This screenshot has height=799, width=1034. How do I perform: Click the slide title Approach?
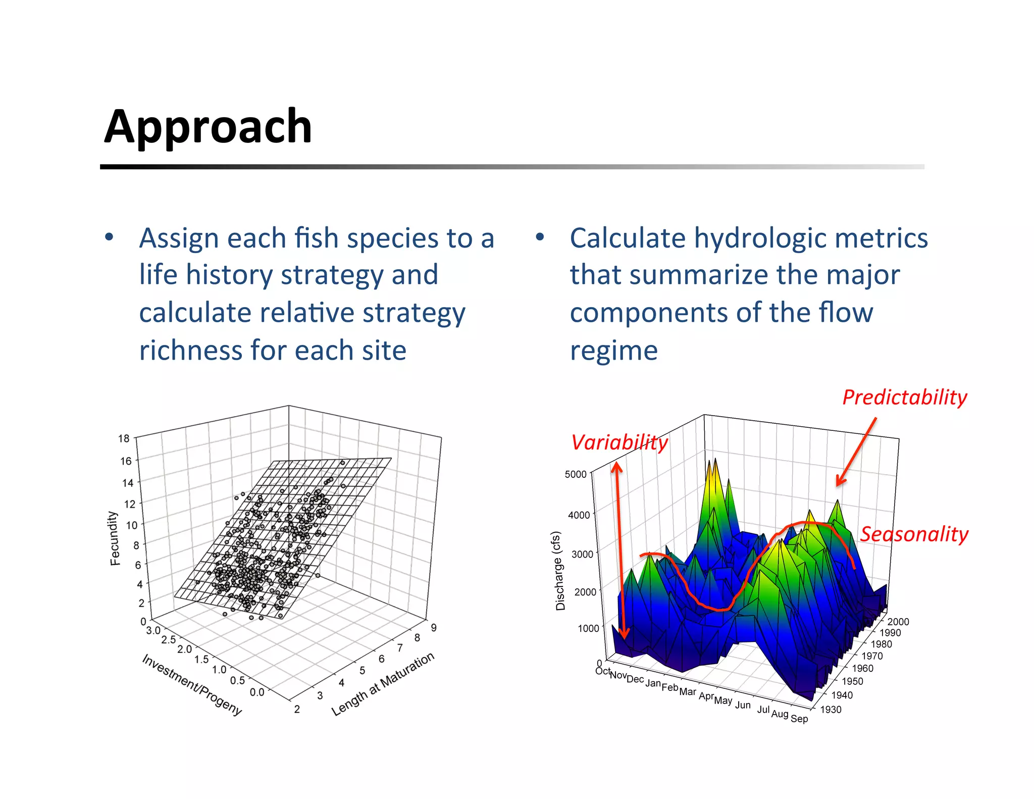[208, 127]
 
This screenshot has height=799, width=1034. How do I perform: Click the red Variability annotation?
[619, 443]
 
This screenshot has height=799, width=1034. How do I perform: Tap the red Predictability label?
[904, 397]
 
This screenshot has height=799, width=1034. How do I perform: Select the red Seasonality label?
[914, 534]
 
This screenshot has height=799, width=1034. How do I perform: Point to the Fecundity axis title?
[115, 538]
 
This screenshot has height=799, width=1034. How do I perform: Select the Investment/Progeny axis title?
[192, 684]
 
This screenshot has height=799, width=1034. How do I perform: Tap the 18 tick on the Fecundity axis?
[124, 438]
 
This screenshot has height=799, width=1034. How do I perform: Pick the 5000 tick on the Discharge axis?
[575, 474]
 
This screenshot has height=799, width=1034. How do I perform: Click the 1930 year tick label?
[831, 710]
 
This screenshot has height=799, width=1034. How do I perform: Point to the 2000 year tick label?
[898, 622]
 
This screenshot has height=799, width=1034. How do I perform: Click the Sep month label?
[799, 718]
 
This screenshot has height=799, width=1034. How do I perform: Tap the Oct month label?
[602, 671]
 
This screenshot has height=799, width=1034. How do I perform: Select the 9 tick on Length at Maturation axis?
[434, 628]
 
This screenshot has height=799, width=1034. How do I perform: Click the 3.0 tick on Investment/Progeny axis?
[153, 630]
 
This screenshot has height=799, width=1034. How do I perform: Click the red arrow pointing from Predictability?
[856, 452]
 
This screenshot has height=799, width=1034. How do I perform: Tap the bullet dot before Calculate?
[540, 236]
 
